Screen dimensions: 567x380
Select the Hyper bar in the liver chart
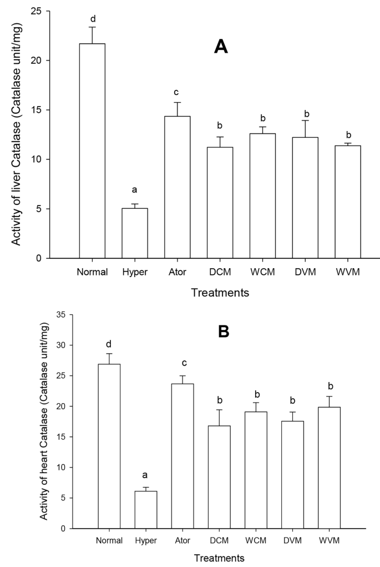tap(135, 233)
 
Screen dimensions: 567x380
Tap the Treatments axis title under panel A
tap(220, 292)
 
